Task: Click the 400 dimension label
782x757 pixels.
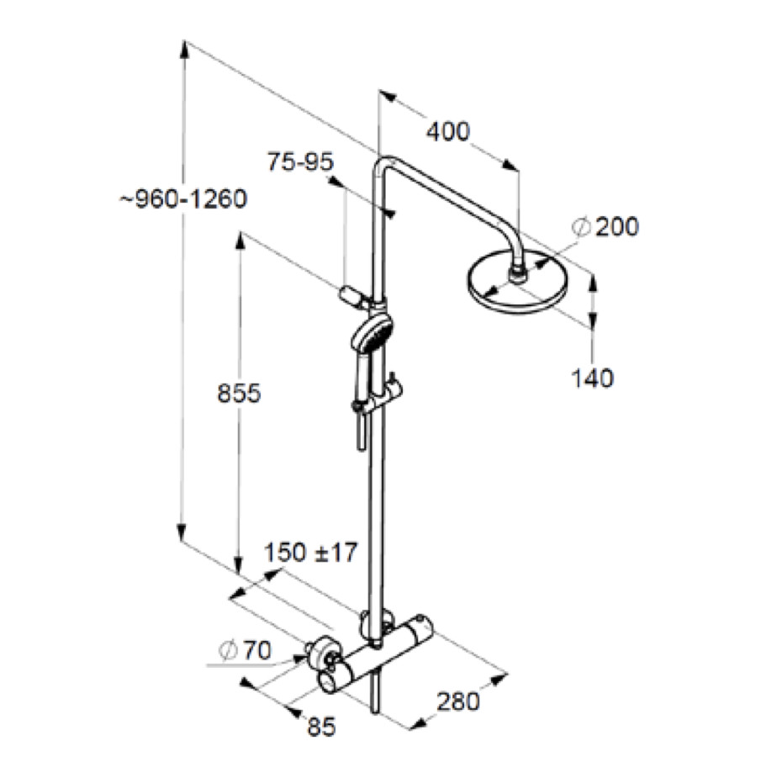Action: pyautogui.click(x=448, y=132)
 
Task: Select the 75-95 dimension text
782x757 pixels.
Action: pyautogui.click(x=301, y=161)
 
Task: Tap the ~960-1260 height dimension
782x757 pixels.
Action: pyautogui.click(x=183, y=199)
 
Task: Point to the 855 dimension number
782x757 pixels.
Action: pyautogui.click(x=239, y=394)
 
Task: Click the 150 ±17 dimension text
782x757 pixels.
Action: pyautogui.click(x=311, y=553)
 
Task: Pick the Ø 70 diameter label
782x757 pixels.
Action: pyautogui.click(x=245, y=650)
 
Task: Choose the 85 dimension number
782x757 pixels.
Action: pyautogui.click(x=321, y=727)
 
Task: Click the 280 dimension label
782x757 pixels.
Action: pyautogui.click(x=457, y=701)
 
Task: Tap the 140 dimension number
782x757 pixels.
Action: pyautogui.click(x=592, y=378)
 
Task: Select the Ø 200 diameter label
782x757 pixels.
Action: pyautogui.click(x=605, y=226)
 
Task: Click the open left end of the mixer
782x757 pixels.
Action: pyautogui.click(x=330, y=681)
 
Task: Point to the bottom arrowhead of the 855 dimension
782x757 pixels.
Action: pyautogui.click(x=239, y=569)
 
